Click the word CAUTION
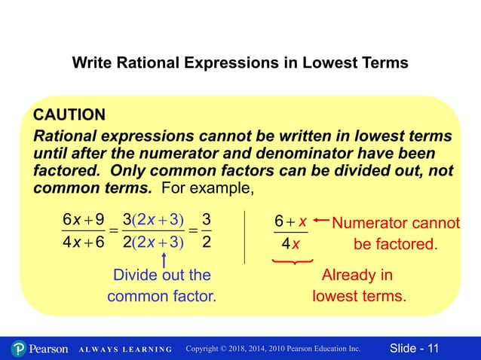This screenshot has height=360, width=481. (69, 115)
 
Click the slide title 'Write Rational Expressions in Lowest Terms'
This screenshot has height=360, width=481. (240, 63)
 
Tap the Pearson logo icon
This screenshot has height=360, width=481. (20, 349)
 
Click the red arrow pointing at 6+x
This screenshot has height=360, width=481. (320, 221)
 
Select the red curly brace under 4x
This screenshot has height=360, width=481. (291, 261)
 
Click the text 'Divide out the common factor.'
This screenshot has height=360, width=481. (161, 285)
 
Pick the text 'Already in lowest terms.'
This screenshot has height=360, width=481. (359, 285)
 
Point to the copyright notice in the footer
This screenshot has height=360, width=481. (273, 349)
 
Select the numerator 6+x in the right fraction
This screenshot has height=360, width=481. (290, 223)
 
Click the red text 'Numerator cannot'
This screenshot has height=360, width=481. (395, 224)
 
